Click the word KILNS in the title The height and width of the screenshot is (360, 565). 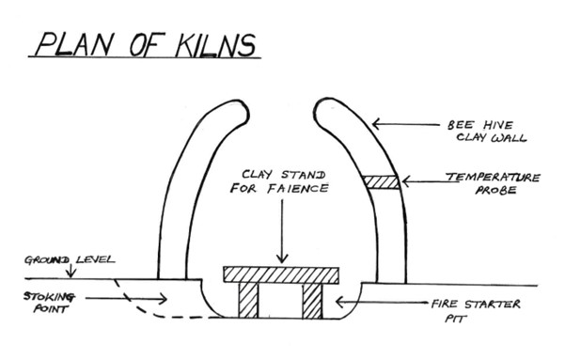[x=215, y=45]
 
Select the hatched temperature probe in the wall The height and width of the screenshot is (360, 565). [x=382, y=182]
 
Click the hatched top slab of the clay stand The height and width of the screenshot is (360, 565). [x=281, y=275]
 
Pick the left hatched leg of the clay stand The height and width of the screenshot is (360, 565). [x=248, y=301]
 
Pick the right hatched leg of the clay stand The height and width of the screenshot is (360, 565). [x=312, y=301]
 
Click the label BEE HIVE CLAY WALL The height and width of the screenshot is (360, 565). [x=486, y=132]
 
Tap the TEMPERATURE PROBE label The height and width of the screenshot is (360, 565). [x=493, y=183]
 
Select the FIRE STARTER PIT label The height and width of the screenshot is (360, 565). [x=476, y=310]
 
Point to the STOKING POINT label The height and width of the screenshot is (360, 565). [x=50, y=303]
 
